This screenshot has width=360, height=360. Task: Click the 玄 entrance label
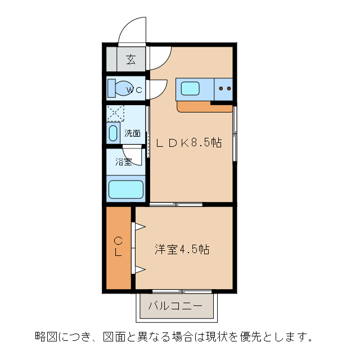[x=131, y=59]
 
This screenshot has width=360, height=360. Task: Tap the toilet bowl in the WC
[x=120, y=89]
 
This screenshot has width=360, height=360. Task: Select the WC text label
[x=134, y=89]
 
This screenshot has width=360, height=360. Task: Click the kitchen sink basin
[x=190, y=88]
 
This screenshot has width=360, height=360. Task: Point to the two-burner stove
[x=224, y=88]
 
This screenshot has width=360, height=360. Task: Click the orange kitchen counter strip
[x=194, y=106]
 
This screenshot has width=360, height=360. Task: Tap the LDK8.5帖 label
[x=188, y=143]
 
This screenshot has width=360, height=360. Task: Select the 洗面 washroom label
[x=132, y=133]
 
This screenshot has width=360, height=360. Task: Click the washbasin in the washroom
[x=113, y=133]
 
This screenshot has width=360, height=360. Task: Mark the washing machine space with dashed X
[x=115, y=112]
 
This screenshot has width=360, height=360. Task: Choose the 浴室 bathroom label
[x=123, y=162]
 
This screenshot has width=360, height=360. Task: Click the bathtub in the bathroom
[x=126, y=189]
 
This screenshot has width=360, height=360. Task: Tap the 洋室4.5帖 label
[x=182, y=249]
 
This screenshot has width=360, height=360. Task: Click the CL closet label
[x=118, y=247]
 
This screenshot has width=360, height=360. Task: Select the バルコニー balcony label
[x=175, y=307]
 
